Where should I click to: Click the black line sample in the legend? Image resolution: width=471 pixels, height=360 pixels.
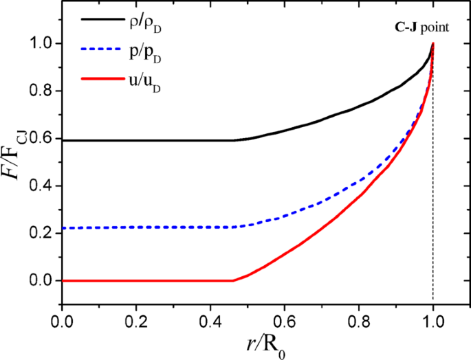coord(104,20)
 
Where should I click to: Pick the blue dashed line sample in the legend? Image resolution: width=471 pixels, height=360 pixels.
coord(104,50)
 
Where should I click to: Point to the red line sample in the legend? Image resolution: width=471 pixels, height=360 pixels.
coord(104,80)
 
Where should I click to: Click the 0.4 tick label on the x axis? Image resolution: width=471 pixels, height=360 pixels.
coord(210,321)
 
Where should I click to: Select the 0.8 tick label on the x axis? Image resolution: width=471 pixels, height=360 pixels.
coord(359,321)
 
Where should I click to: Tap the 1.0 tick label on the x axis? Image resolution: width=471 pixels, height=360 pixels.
coord(433,321)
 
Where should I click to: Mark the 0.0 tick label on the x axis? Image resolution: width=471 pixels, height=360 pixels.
coord(62,321)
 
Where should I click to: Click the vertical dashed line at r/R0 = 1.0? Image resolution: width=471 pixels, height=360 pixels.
coord(433,206)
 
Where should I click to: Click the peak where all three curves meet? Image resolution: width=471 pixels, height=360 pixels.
coord(433,44)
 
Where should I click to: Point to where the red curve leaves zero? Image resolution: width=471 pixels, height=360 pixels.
coord(232,280)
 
